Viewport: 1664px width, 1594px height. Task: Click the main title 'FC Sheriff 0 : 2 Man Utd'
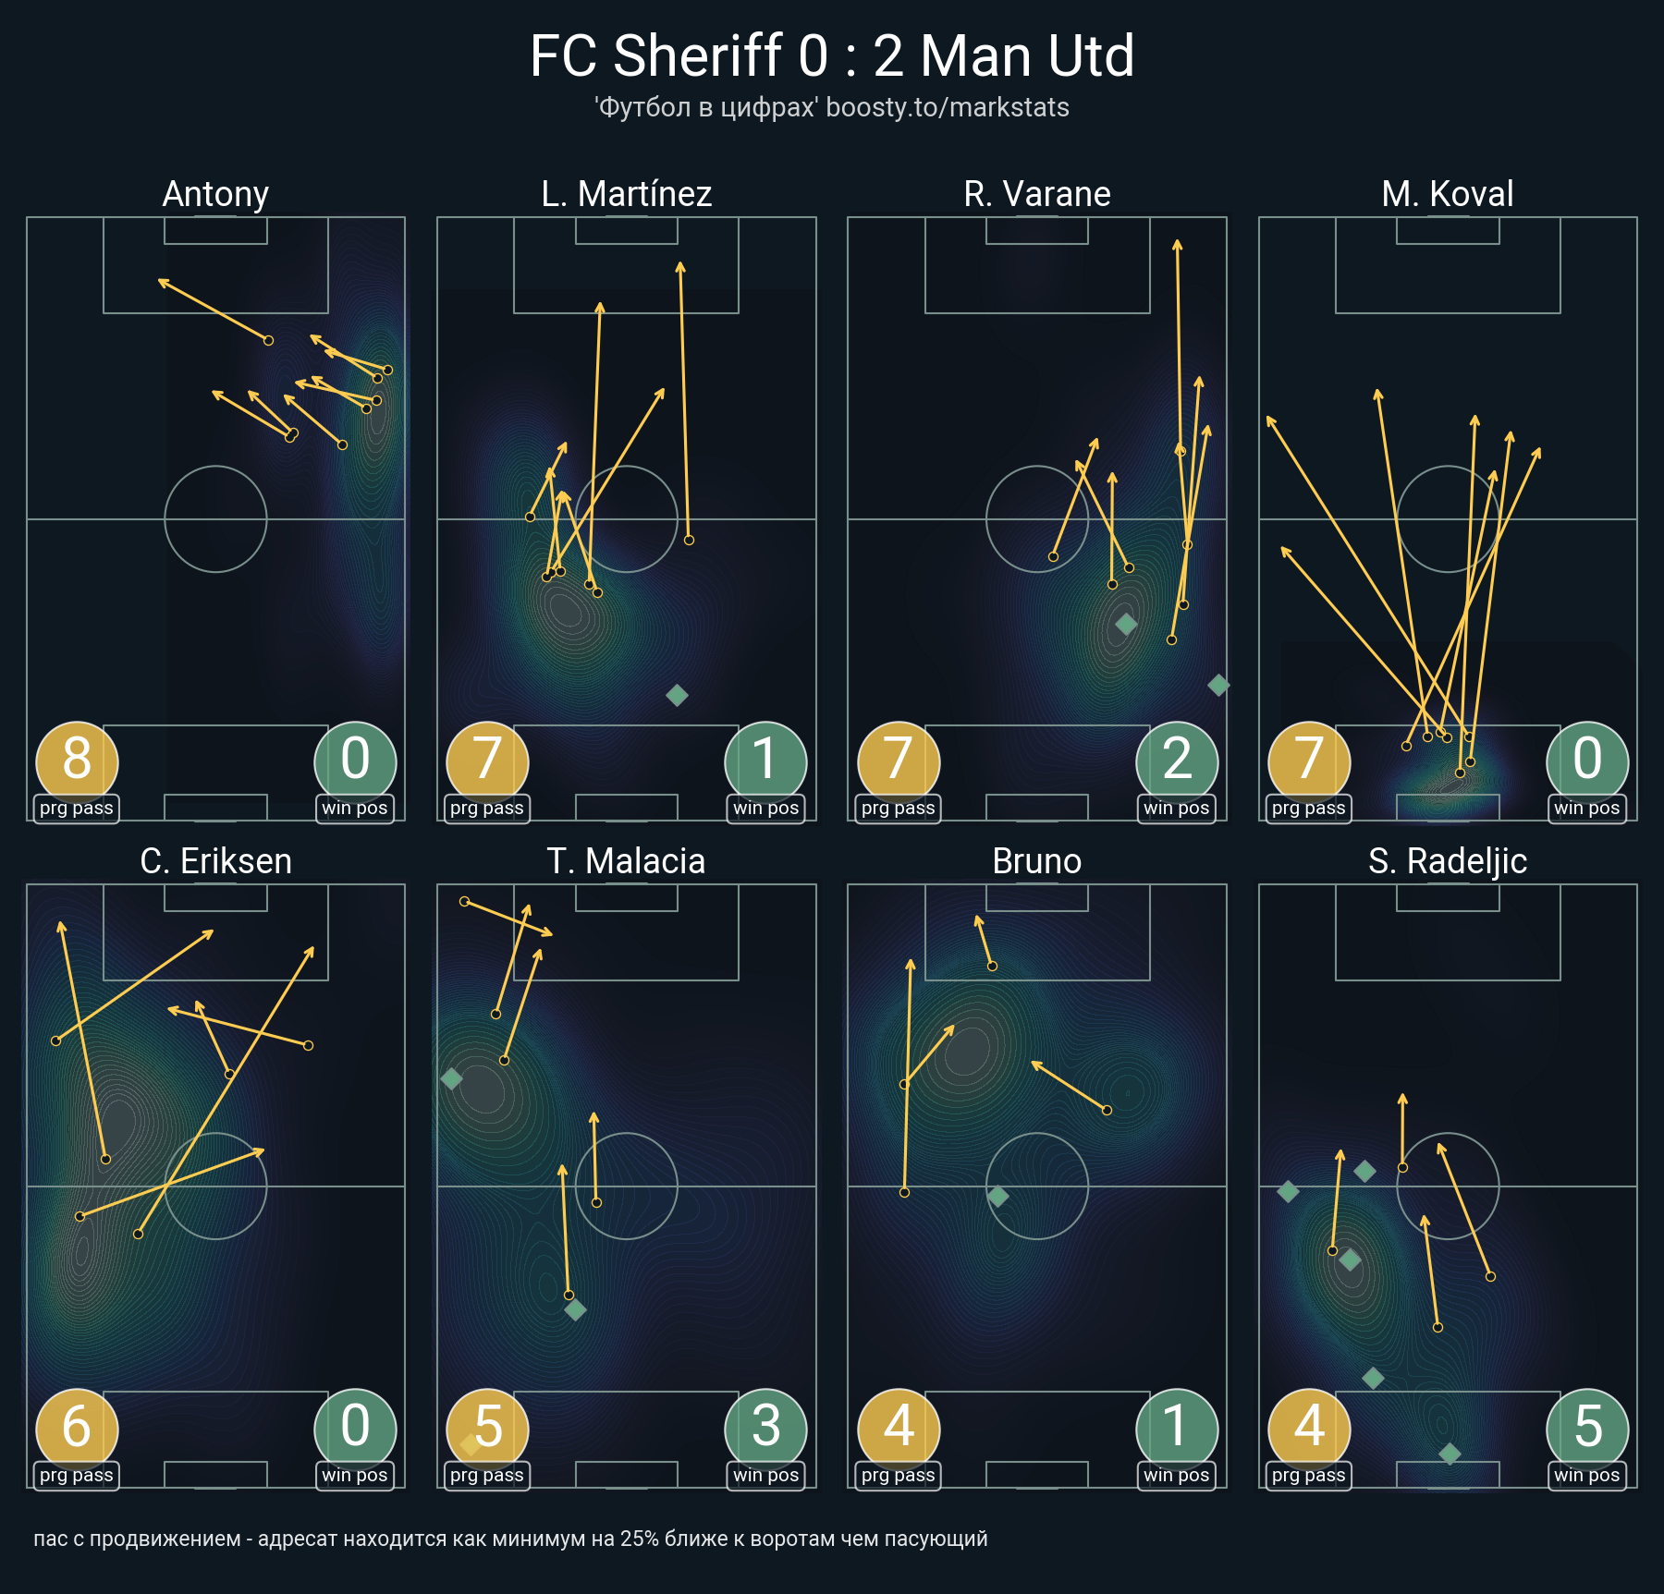tap(831, 55)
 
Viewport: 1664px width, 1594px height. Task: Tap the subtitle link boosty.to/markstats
tap(947, 107)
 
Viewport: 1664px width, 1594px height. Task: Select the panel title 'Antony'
tap(215, 194)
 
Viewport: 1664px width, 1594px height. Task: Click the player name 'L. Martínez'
tap(627, 194)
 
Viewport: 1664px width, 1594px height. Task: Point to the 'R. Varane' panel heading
tap(1037, 194)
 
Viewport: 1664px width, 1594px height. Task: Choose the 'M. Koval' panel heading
tap(1448, 194)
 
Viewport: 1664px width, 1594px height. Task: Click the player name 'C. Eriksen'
tap(215, 861)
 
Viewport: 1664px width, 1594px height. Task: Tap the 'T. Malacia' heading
tap(627, 861)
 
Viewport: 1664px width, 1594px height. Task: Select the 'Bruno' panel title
tap(1037, 861)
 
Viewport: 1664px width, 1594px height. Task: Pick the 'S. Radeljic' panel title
tap(1448, 861)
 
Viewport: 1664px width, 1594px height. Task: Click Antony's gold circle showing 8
tap(77, 760)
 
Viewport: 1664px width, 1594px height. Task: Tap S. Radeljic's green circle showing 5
tap(1587, 1427)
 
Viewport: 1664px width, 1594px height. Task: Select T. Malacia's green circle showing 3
tap(765, 1427)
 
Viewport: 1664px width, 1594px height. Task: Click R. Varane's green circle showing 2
tap(1177, 760)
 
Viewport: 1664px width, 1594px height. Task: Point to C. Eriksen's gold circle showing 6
tap(77, 1427)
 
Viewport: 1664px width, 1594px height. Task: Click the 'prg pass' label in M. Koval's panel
tap(1308, 809)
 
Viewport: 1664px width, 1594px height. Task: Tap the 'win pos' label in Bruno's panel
tap(1176, 1476)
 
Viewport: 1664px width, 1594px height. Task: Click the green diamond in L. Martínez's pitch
tap(677, 695)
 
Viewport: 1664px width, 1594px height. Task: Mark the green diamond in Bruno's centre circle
tap(997, 1197)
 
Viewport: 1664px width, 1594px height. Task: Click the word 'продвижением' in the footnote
tap(165, 1539)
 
